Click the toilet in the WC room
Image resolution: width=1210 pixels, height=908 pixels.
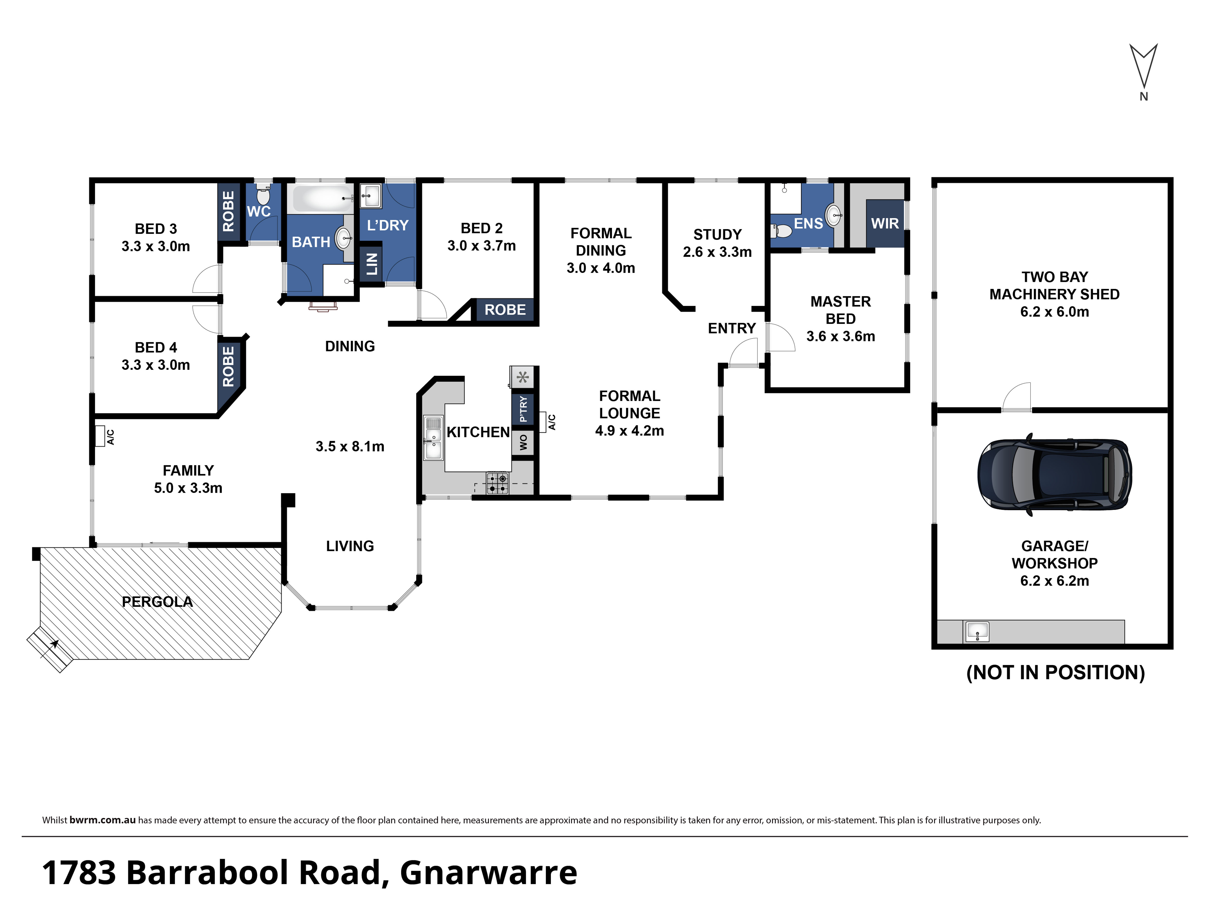[x=263, y=194]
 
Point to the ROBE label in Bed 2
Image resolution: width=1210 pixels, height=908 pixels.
[x=505, y=310]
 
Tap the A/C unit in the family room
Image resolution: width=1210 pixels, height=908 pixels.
[x=100, y=436]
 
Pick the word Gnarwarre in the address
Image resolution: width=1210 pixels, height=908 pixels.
[x=488, y=872]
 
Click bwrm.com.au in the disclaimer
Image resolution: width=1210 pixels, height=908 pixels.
[x=102, y=820]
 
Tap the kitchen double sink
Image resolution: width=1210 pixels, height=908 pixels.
[x=433, y=438]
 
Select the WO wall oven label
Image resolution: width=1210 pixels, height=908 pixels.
[x=523, y=442]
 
